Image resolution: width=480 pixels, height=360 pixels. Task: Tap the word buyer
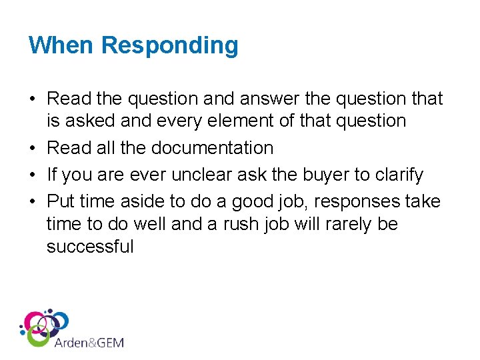tap(341, 175)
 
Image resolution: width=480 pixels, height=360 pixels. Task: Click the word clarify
tap(399, 175)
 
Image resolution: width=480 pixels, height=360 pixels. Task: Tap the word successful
tap(90, 247)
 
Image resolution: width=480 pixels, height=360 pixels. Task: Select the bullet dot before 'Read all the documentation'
tap(33, 148)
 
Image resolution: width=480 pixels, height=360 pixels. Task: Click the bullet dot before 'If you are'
tap(33, 175)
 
